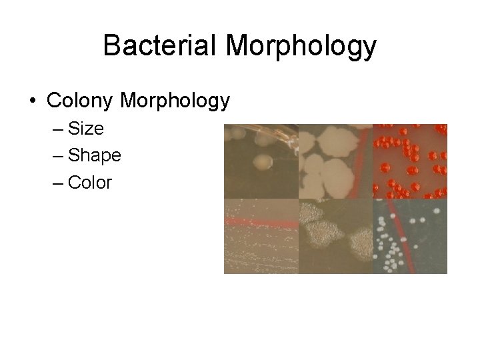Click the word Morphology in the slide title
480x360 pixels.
point(301,47)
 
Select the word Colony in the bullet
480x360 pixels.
point(81,101)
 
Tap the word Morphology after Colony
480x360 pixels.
point(175,101)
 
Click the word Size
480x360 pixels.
point(86,128)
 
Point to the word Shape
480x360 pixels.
point(95,155)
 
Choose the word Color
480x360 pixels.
point(90,182)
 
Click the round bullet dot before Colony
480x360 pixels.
point(33,101)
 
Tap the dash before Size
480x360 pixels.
point(56,129)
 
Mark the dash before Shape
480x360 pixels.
point(56,156)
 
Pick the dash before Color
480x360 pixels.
point(56,183)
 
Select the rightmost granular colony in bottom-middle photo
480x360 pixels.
point(360,240)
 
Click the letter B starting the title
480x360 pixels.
point(111,46)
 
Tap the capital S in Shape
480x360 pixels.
point(74,155)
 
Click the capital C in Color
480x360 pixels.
point(75,182)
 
